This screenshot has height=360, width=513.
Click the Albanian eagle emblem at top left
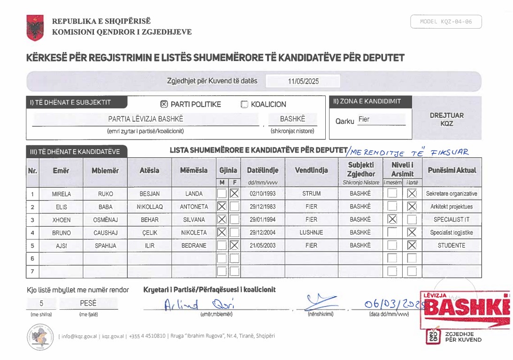[35, 28]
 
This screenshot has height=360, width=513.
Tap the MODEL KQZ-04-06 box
[446, 22]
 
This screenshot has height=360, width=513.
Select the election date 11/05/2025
[303, 81]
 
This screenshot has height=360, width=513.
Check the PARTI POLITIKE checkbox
[164, 104]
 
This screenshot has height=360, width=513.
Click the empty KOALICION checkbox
[244, 105]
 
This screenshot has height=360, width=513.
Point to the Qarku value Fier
[364, 119]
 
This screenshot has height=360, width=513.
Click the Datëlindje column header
[262, 170]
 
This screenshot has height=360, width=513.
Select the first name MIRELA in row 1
[61, 194]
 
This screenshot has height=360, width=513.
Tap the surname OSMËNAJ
[105, 220]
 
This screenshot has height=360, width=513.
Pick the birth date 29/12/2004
[262, 232]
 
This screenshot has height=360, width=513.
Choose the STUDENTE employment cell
[451, 245]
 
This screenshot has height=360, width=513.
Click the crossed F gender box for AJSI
[234, 245]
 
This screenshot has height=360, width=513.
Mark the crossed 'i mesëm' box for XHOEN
[392, 219]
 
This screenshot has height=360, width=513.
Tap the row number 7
[32, 271]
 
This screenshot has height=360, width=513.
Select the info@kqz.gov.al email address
[79, 336]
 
